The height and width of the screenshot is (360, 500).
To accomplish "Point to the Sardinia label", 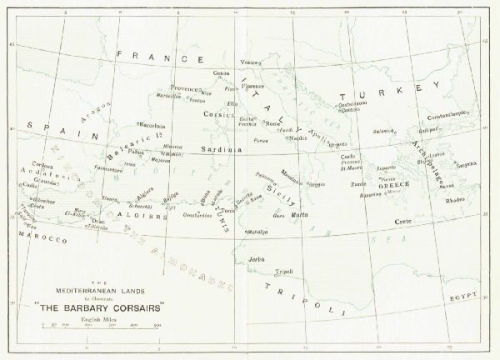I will (x=220, y=149).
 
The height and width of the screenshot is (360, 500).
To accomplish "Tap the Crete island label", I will (x=402, y=221).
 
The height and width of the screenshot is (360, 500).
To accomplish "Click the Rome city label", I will (x=272, y=123).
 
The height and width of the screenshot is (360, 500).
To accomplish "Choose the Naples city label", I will (x=297, y=138).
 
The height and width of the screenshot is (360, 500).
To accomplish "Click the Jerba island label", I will (x=256, y=259).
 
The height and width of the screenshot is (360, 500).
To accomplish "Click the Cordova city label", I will (x=31, y=164).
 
